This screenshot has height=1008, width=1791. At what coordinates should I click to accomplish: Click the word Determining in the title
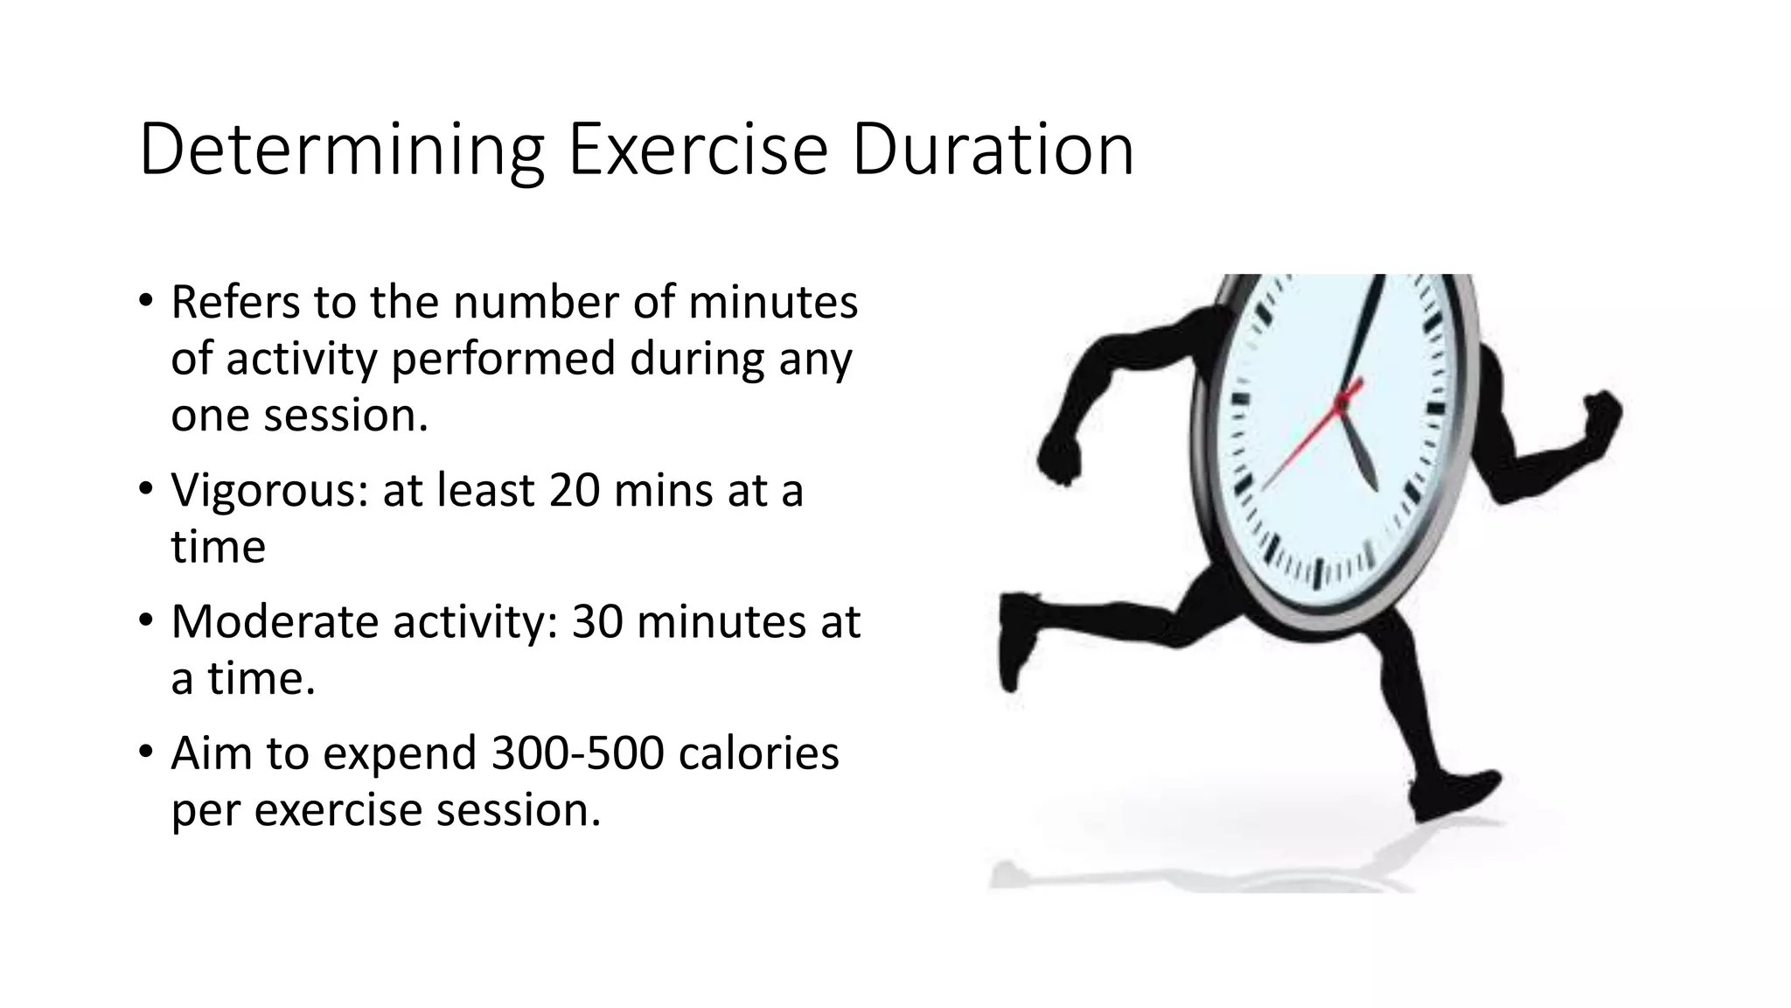(x=342, y=150)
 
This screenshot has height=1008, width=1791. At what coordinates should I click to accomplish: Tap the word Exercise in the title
(x=698, y=150)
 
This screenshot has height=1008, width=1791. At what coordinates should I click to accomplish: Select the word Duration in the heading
(x=993, y=150)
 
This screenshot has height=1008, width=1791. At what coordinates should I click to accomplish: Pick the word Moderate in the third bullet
(x=275, y=621)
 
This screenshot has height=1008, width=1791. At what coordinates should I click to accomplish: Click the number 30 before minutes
(x=597, y=621)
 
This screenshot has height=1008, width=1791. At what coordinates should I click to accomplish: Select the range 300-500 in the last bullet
(x=578, y=752)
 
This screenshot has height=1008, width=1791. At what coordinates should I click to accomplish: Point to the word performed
(x=503, y=359)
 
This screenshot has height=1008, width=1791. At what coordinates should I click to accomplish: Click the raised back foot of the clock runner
(x=1014, y=639)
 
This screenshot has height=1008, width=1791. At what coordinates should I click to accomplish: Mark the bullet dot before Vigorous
(x=145, y=489)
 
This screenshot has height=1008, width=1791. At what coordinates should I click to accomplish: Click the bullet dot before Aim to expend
(x=145, y=752)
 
